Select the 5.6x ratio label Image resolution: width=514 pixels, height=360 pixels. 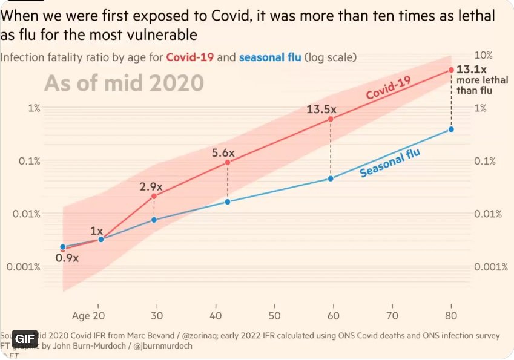(223, 153)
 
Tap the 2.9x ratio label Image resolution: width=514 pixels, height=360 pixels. (152, 186)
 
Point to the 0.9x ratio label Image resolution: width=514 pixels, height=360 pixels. (67, 258)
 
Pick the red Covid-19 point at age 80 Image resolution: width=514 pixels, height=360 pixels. (451, 70)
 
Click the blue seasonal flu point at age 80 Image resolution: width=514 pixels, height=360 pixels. (451, 129)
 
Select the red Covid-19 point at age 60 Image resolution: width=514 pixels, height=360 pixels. (331, 119)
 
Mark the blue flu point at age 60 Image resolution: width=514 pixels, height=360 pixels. (331, 178)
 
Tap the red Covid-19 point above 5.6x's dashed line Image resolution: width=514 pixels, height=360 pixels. (228, 162)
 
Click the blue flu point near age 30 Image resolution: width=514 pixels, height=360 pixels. (154, 220)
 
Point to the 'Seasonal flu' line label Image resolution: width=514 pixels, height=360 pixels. (390, 163)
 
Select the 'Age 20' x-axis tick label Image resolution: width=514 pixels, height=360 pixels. (89, 315)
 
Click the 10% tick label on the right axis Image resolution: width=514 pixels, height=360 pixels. (483, 55)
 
